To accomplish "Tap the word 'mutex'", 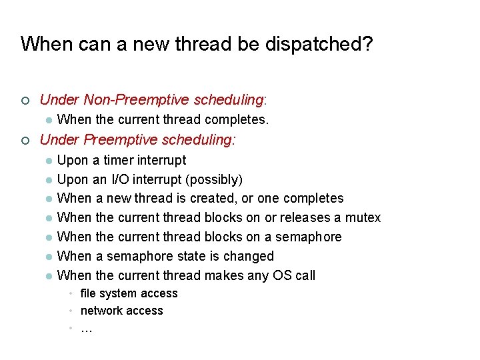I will point(363,218).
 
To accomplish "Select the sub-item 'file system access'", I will point(129,293).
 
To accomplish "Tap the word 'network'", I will point(101,311).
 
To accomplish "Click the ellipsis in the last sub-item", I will point(86,328).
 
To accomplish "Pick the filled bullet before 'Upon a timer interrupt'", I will point(48,161).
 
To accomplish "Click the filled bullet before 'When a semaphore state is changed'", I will point(48,257).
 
